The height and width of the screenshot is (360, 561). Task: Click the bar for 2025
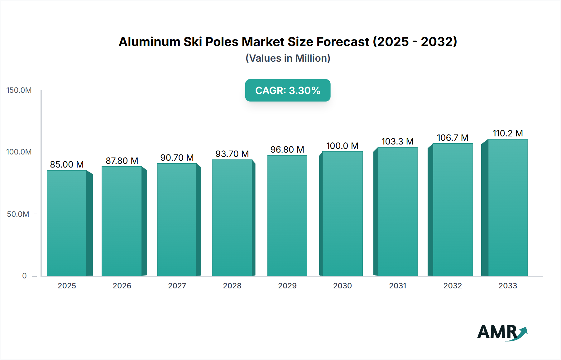point(67,223)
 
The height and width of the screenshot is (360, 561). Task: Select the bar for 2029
point(287,216)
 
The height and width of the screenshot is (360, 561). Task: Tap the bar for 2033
point(508,207)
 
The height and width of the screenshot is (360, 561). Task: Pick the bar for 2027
point(177,220)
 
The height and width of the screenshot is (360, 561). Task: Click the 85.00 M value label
point(67,164)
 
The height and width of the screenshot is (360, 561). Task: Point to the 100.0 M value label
point(342,146)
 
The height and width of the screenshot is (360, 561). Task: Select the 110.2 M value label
point(508,133)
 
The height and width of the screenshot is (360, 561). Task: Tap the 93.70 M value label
point(232,154)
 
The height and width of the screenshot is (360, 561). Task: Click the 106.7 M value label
point(453,138)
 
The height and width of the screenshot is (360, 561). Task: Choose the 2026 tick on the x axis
point(122,286)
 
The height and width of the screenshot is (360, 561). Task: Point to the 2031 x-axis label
point(398,286)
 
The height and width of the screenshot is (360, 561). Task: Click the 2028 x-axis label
point(232,286)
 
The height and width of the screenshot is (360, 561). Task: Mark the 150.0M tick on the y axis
point(19,90)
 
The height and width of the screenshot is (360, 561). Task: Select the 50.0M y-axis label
point(18,214)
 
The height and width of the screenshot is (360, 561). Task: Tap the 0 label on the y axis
point(24,276)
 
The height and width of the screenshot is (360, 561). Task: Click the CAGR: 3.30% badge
point(288,90)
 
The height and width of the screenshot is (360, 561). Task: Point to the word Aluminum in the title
point(149,42)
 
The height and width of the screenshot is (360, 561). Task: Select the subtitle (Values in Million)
point(288,58)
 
